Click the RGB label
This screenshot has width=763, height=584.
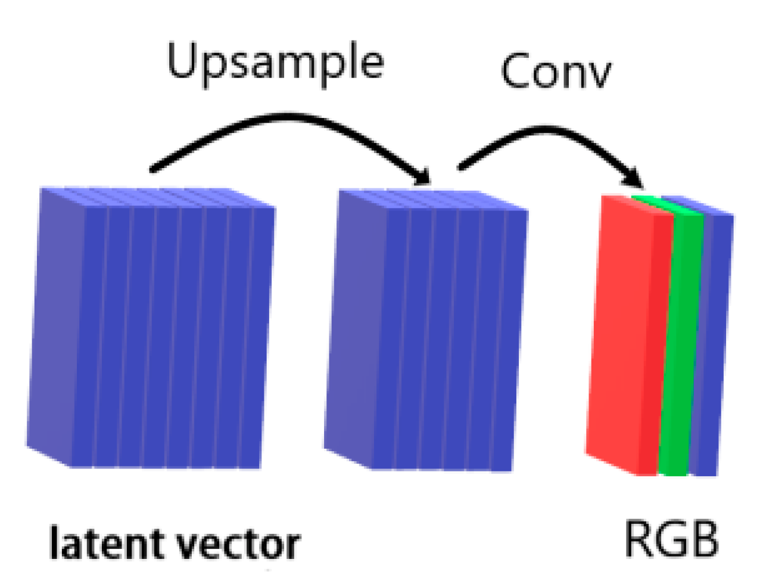pyautogui.click(x=671, y=540)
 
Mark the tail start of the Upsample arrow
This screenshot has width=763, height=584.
pyautogui.click(x=154, y=169)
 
